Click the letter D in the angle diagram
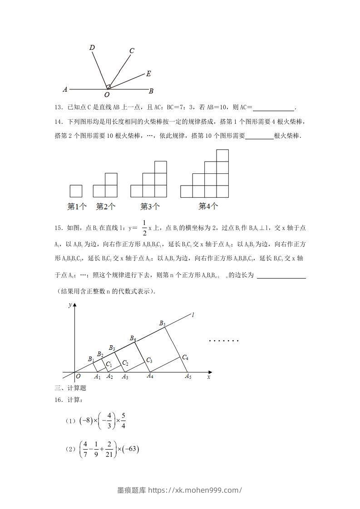point(92,48)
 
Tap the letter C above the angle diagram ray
point(132,51)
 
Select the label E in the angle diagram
point(148,74)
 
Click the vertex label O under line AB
point(107,95)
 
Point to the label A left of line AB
point(65,89)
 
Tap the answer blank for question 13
point(273,108)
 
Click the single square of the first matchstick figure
point(76,191)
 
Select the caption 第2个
point(105,207)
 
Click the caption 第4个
point(208,206)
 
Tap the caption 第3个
point(150,207)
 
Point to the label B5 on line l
point(162,323)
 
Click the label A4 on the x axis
point(150,377)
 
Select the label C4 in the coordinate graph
point(185,357)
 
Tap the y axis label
point(70,305)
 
